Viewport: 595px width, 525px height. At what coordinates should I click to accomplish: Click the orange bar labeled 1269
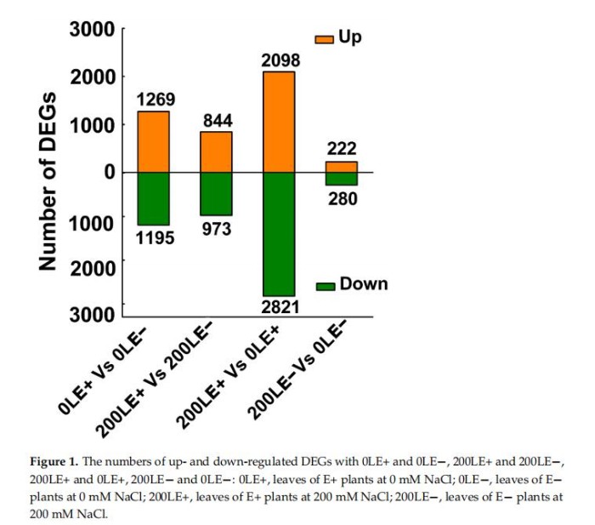pos(154,142)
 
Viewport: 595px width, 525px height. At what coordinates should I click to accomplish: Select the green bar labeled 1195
pos(154,198)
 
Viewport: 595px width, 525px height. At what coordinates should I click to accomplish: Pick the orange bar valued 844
pos(216,152)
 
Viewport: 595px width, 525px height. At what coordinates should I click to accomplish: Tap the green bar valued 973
pos(216,193)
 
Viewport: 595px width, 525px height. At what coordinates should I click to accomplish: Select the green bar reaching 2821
pos(279,234)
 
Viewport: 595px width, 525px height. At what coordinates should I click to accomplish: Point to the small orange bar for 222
pos(341,167)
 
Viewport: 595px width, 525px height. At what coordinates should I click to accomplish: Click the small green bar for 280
pos(341,179)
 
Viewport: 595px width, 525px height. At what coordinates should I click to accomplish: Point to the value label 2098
pos(279,60)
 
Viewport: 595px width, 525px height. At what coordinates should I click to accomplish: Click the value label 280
pos(341,199)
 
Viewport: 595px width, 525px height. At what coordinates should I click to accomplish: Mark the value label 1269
pos(155,99)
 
